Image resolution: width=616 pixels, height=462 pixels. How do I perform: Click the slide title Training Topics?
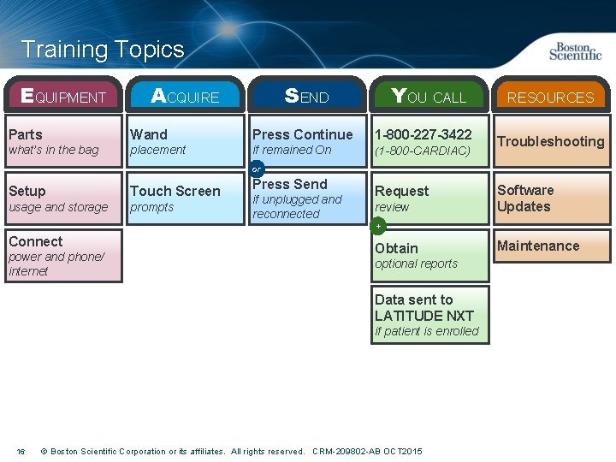point(103,50)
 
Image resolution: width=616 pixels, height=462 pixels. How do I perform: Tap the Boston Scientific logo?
point(575,51)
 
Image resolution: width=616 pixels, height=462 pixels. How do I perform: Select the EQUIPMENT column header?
point(63,96)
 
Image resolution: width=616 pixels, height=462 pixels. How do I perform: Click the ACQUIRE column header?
point(185,96)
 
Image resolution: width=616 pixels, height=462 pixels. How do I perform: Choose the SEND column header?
point(306,96)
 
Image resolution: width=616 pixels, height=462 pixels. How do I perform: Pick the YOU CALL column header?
point(429,96)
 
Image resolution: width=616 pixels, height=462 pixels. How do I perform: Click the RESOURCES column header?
point(550,97)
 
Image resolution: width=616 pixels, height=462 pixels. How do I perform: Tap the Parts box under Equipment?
point(63,141)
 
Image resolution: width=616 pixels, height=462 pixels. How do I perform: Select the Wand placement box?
point(185,141)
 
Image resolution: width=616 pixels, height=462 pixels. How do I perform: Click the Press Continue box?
point(306,141)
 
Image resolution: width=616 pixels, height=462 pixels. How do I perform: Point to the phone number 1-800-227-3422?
point(423,134)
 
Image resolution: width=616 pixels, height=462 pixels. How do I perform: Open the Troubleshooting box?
point(550,141)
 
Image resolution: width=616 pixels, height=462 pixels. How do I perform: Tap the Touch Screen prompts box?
point(185,198)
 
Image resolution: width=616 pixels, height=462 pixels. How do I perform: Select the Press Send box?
point(306,198)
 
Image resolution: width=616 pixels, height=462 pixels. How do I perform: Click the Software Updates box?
point(550,198)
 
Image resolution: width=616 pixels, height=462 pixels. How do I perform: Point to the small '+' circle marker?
point(378,226)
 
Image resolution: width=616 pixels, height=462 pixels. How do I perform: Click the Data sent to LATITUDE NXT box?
point(429,315)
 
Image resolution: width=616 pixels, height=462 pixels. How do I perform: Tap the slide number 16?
point(21,451)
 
